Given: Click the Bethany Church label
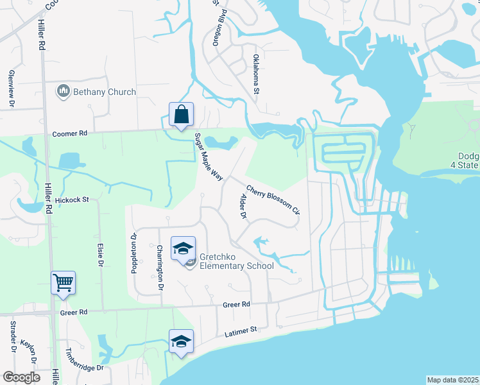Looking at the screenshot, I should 104,92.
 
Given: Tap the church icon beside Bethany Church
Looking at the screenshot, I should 63,92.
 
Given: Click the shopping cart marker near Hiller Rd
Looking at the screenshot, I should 64,282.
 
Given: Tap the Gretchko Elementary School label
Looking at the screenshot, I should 236,261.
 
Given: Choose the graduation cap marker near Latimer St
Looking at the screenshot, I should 182,341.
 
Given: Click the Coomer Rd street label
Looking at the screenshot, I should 69,134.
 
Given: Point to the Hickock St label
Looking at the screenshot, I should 75,201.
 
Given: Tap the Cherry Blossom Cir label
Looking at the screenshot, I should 273,200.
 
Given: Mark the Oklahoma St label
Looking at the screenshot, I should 255,74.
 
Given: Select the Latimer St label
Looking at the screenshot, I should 241,332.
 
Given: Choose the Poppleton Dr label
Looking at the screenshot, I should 135,252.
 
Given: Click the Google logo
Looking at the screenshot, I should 22,377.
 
